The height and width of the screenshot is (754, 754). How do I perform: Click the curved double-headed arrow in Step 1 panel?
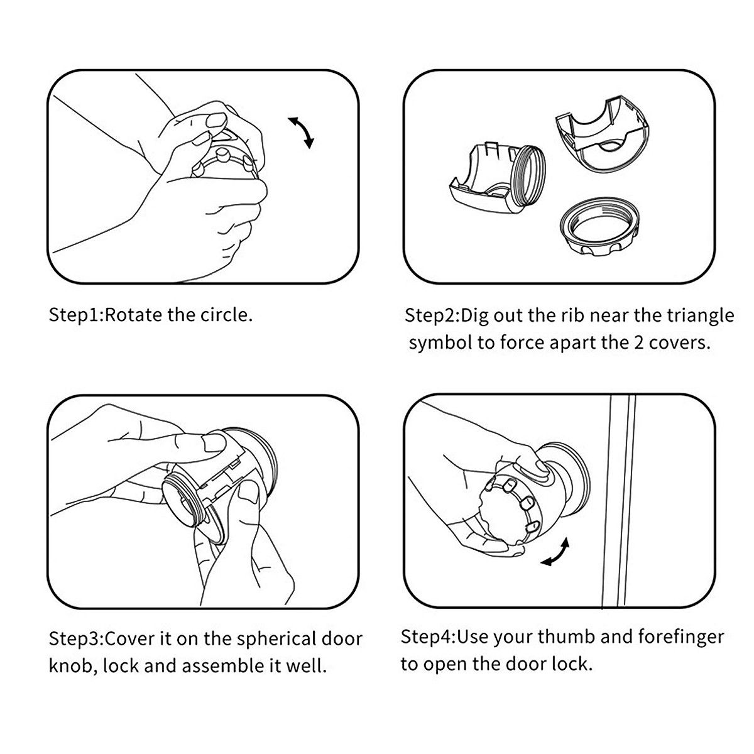point(302,131)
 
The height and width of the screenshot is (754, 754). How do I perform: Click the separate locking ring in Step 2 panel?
point(600,226)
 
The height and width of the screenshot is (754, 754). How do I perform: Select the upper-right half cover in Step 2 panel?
point(601,133)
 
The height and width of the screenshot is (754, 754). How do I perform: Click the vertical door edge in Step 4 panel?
point(619,502)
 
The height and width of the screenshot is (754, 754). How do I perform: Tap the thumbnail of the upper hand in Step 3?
point(214,442)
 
